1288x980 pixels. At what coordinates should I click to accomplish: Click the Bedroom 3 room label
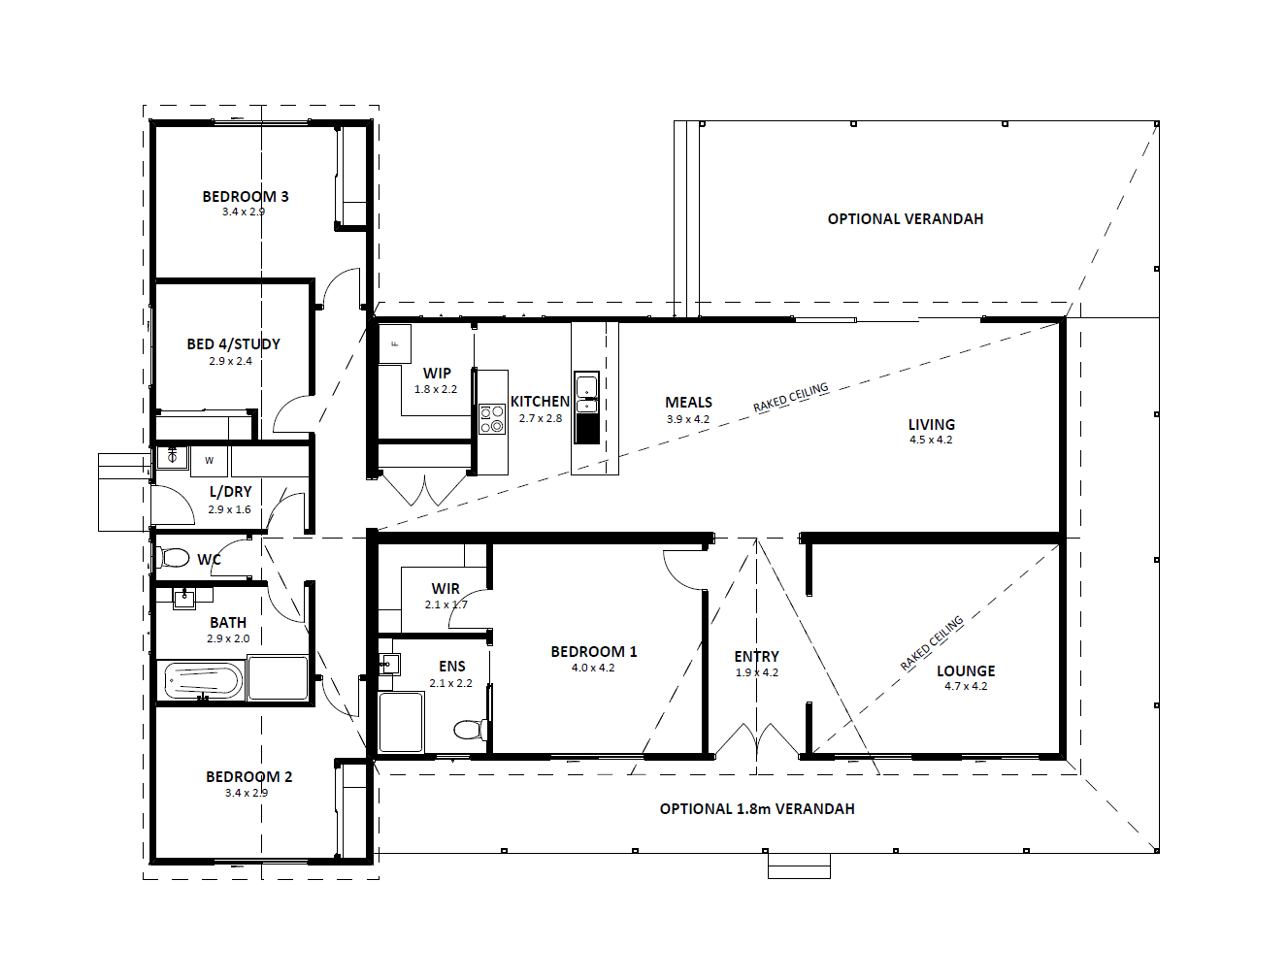click(246, 196)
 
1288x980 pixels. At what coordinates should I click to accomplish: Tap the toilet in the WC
click(172, 557)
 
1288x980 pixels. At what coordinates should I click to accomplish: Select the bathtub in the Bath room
click(203, 681)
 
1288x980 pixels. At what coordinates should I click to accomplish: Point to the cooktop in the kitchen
click(492, 419)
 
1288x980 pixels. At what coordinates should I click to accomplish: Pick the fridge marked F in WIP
click(394, 344)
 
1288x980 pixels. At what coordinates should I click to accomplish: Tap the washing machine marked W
click(209, 460)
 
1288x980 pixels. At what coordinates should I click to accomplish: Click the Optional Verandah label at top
click(906, 219)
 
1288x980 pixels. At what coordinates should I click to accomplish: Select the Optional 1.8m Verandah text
click(757, 809)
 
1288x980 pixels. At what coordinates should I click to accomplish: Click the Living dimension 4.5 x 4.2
click(931, 440)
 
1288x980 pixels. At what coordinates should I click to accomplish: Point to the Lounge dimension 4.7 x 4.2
click(966, 686)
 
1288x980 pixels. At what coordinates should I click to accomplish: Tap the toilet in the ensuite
click(471, 731)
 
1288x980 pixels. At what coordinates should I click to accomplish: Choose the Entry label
click(756, 656)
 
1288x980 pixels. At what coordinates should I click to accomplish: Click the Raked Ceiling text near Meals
click(791, 397)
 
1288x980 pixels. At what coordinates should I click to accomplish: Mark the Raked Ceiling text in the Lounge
click(932, 643)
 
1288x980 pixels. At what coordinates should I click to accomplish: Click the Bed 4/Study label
click(234, 344)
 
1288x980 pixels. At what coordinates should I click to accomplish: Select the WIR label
click(446, 588)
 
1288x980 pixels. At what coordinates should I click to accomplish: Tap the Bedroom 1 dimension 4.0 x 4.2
click(593, 668)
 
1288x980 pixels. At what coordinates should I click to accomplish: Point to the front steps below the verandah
click(799, 866)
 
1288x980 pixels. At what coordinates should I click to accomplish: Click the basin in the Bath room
click(184, 599)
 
